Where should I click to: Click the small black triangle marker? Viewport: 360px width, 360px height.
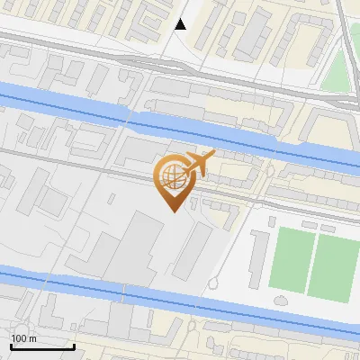pyautogui.click(x=181, y=24)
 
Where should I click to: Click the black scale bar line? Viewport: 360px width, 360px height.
pyautogui.click(x=41, y=346)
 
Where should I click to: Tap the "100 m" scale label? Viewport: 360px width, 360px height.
pyautogui.click(x=24, y=338)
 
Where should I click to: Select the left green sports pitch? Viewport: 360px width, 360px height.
pyautogui.click(x=289, y=260)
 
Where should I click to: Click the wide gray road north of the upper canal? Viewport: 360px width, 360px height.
pyautogui.click(x=135, y=63)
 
